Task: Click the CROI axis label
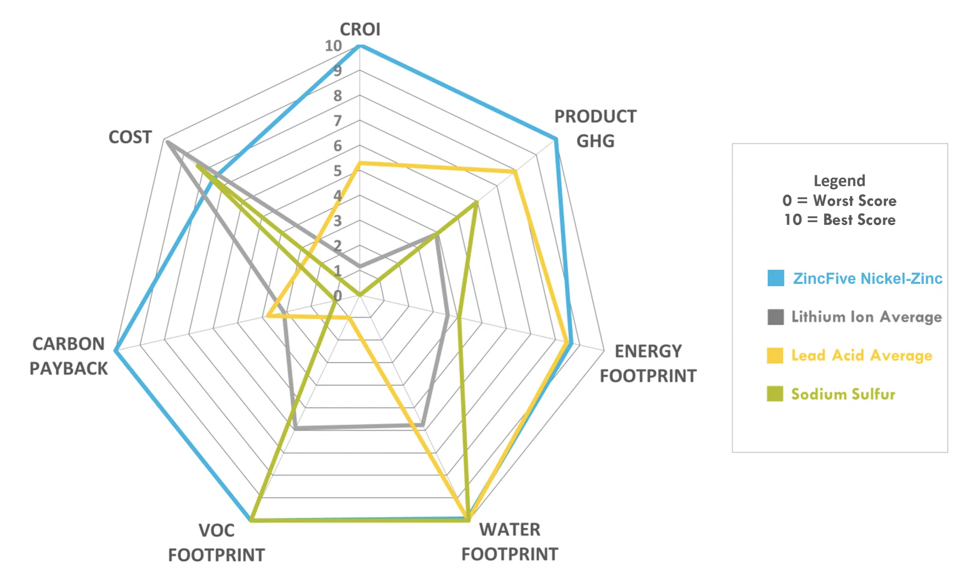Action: (360, 30)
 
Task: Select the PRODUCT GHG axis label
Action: (595, 129)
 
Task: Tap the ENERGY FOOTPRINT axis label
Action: (648, 364)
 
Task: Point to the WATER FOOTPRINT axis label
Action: (510, 542)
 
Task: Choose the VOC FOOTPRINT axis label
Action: (217, 543)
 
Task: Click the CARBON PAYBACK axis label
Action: (68, 356)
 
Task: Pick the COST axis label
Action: (130, 137)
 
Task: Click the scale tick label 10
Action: (333, 46)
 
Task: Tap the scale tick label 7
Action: (338, 121)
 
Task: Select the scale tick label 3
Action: (338, 221)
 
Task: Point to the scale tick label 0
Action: (338, 296)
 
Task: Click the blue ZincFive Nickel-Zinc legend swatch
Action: (776, 278)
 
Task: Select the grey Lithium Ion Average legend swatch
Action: (776, 317)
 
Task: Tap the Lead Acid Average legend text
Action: (862, 355)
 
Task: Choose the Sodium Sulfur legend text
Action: (843, 394)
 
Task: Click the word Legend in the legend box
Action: (839, 181)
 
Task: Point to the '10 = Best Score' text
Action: (839, 220)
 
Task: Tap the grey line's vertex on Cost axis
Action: (167, 142)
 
